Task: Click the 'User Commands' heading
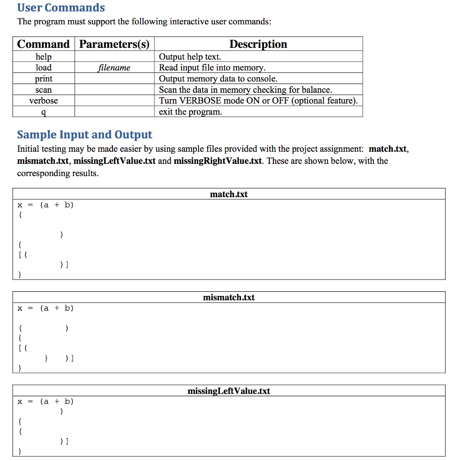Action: (61, 8)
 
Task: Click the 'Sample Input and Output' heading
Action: (85, 135)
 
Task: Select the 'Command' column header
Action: (43, 44)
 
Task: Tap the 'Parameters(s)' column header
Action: (114, 44)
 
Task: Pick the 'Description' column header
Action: (258, 44)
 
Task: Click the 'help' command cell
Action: (44, 57)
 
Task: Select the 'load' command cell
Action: (44, 68)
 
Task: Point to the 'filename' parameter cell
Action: (114, 68)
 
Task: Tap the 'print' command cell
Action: (44, 79)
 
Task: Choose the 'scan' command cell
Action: (44, 90)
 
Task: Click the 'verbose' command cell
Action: (44, 100)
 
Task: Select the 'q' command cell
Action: (44, 112)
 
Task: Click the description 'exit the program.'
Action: (191, 112)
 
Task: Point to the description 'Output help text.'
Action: (190, 57)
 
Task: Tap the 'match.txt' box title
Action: (229, 194)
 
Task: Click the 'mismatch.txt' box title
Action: (229, 297)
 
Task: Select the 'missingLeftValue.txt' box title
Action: (229, 391)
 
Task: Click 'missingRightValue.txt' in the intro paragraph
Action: (218, 161)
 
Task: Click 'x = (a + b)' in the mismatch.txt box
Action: (45, 308)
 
